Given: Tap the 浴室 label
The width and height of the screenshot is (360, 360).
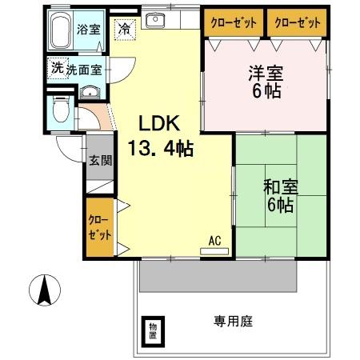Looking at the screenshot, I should coord(88,30).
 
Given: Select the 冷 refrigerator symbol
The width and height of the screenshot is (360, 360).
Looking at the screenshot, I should coord(126,29).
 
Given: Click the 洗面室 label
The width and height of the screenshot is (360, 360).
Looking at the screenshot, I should coord(84,70).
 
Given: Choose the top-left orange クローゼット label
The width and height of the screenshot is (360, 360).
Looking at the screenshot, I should coord(229,22).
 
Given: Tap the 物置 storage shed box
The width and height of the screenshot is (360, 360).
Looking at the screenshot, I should coord(151,330).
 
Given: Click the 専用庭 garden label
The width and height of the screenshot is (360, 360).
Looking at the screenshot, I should coord(232,322).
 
